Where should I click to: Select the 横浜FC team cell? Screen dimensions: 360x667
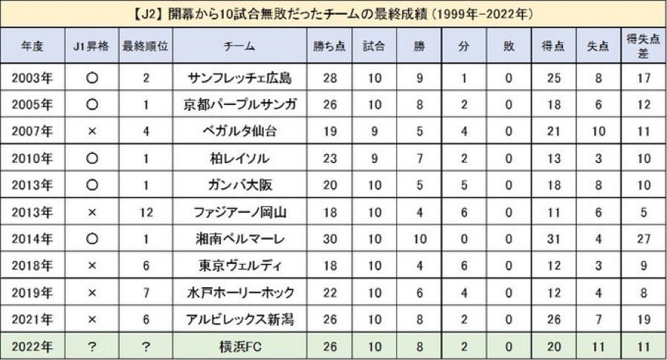(x=239, y=347)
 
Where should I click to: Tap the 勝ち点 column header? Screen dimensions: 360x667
(x=329, y=46)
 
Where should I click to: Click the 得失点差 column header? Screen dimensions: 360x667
(x=644, y=46)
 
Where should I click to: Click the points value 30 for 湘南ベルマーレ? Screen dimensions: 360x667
(x=329, y=240)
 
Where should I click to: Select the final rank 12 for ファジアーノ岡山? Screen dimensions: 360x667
(x=146, y=213)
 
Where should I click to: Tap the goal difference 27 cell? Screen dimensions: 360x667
(x=644, y=240)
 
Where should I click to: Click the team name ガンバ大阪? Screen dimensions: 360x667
(x=239, y=186)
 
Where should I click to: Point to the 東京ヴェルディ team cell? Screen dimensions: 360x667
(x=239, y=266)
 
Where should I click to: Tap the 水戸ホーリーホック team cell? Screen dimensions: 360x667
(x=239, y=293)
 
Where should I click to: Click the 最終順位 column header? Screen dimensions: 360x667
(x=146, y=46)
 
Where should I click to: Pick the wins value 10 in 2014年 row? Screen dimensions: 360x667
(x=421, y=240)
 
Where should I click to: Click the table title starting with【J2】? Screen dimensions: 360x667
(x=334, y=13)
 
